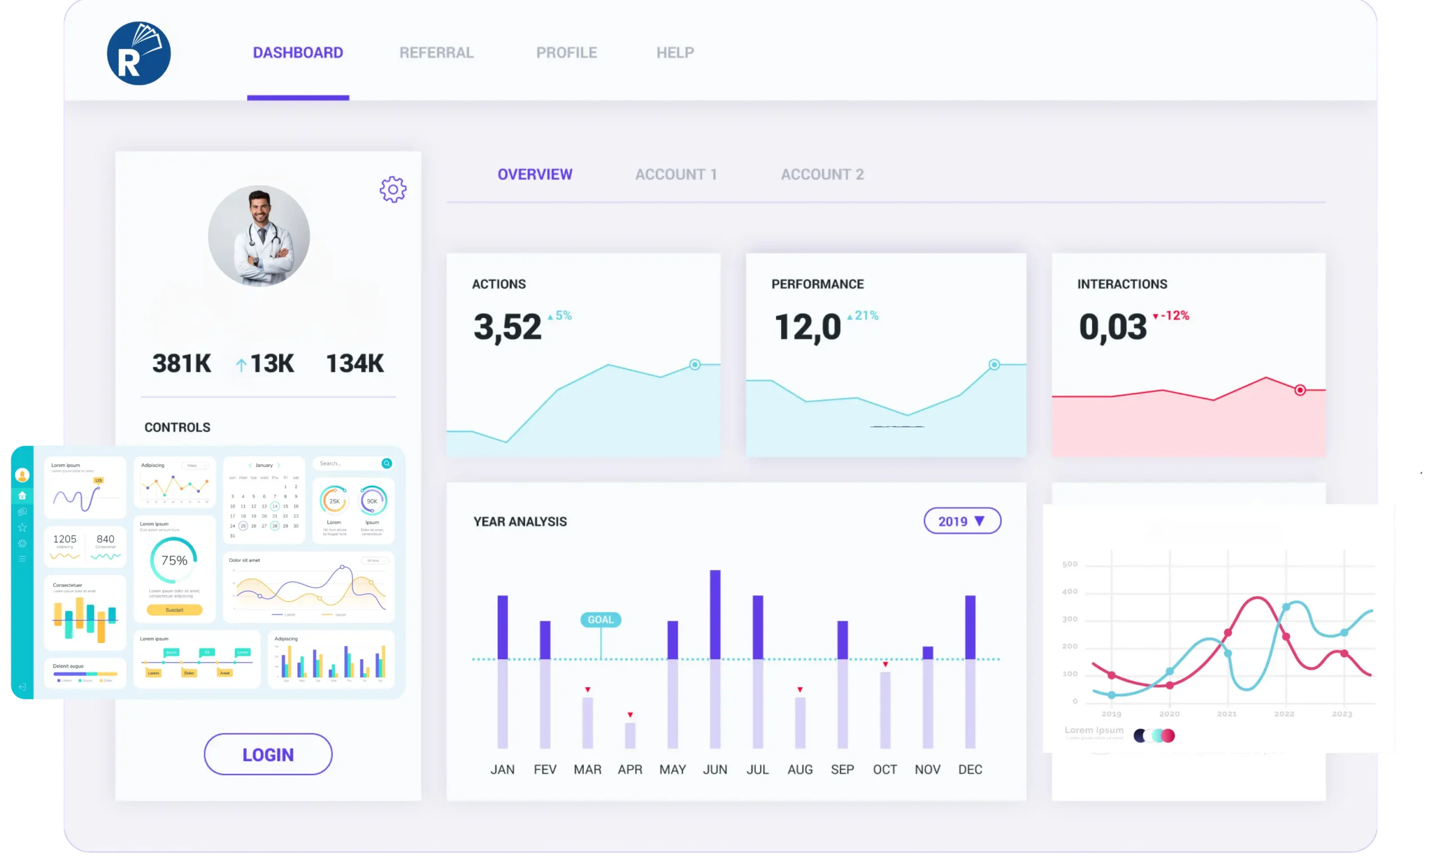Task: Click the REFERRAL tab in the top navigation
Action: click(x=436, y=53)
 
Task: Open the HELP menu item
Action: click(x=675, y=53)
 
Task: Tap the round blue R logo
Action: click(x=139, y=54)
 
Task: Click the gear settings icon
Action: click(x=393, y=189)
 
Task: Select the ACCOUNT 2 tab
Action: click(x=822, y=175)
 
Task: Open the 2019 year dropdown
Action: click(x=962, y=521)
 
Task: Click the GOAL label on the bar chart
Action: click(x=601, y=619)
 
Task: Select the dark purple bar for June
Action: click(x=715, y=614)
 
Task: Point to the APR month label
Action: click(x=630, y=769)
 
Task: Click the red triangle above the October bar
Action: click(x=885, y=664)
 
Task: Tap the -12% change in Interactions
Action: click(x=1174, y=315)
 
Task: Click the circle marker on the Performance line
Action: click(x=994, y=365)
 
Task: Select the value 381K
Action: click(x=182, y=364)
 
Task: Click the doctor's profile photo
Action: click(x=259, y=236)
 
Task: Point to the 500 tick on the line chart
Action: click(x=1070, y=565)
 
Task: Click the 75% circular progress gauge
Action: click(x=173, y=560)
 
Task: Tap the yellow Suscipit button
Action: click(x=174, y=610)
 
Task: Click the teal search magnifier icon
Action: click(x=387, y=463)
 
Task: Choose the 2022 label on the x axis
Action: click(x=1284, y=714)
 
